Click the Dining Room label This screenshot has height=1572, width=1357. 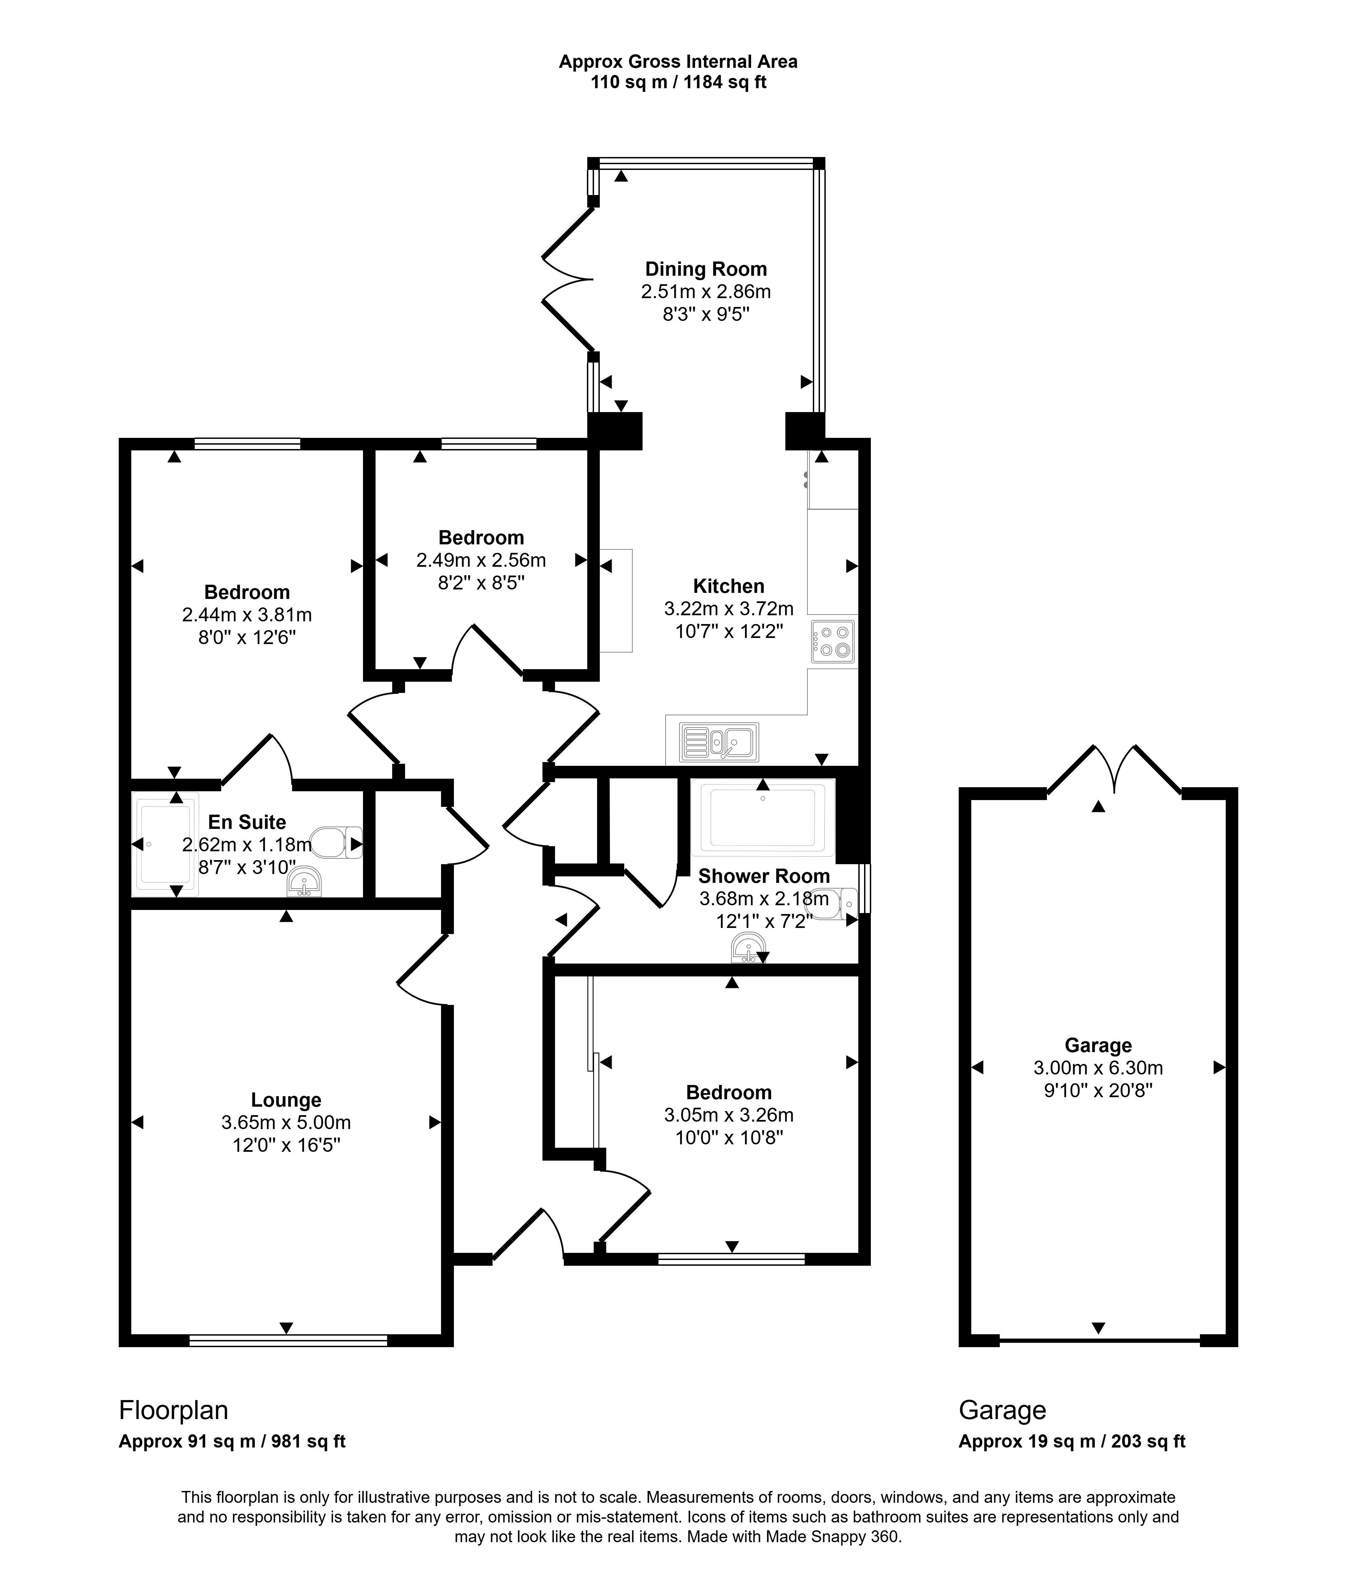(x=706, y=269)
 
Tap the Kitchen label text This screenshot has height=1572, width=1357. (x=729, y=586)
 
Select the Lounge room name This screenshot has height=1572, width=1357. (x=286, y=1100)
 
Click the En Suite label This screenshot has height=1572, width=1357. (x=247, y=822)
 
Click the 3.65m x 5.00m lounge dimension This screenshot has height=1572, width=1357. (x=286, y=1122)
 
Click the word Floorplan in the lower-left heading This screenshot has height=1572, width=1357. (x=174, y=1410)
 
